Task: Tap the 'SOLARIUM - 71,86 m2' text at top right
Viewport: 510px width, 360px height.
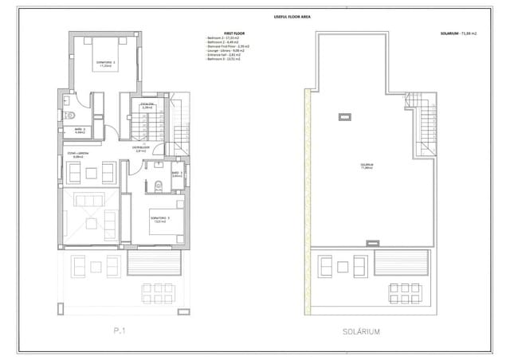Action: click(459, 33)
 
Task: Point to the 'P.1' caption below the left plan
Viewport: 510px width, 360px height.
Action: click(119, 330)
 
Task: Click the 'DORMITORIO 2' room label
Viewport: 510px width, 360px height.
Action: click(106, 64)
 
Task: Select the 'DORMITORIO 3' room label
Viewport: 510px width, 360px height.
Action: click(158, 217)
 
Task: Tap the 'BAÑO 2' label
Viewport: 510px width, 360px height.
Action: click(80, 130)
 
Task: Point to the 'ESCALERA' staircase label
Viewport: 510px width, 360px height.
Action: click(147, 104)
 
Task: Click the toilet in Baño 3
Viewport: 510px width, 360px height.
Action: click(159, 186)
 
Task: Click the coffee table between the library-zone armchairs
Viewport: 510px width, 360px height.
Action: click(88, 170)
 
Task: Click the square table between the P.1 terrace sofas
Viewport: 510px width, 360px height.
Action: click(88, 263)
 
